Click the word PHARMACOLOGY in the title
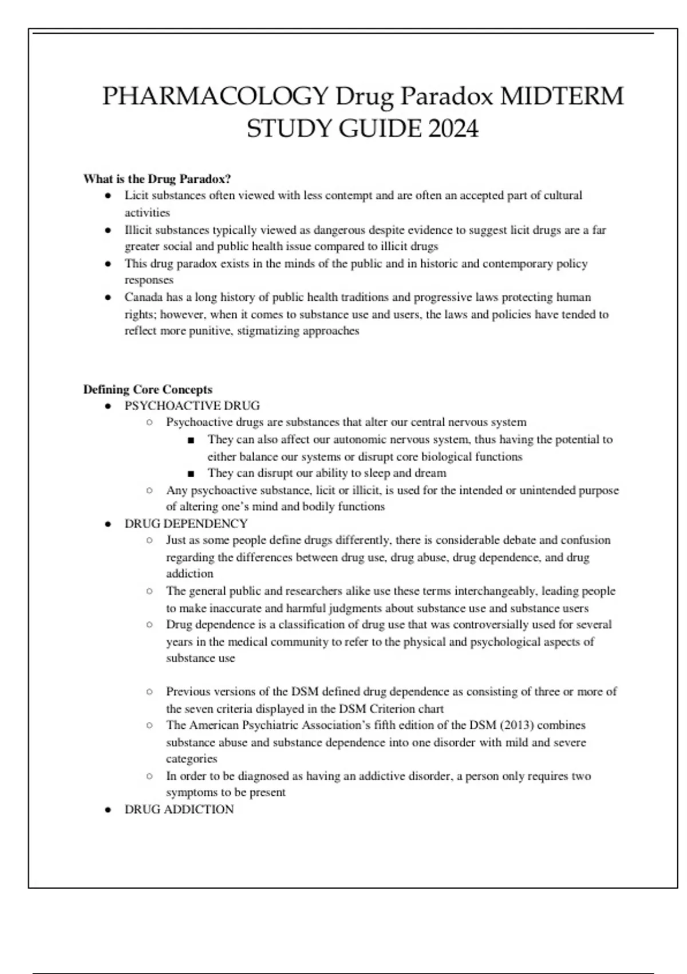click(x=215, y=96)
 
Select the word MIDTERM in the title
click(x=562, y=96)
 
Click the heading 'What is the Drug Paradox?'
click(x=157, y=179)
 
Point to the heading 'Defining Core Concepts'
click(x=148, y=390)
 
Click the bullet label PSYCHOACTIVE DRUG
click(x=192, y=406)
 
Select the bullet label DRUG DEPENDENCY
click(x=186, y=524)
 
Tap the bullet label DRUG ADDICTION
click(x=179, y=810)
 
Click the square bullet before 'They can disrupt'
click(x=191, y=474)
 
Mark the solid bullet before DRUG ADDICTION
click(x=108, y=810)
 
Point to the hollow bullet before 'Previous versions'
click(x=149, y=692)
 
